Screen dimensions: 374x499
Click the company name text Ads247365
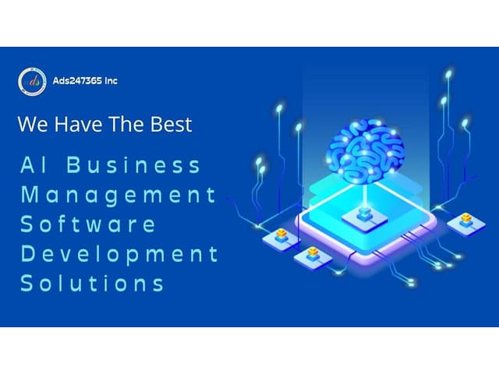pyautogui.click(x=77, y=80)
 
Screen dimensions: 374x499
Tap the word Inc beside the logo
pyautogui.click(x=110, y=80)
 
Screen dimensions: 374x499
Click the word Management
pyautogui.click(x=118, y=195)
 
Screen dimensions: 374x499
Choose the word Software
pyautogui.click(x=88, y=224)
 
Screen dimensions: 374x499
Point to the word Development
pyautogui.click(x=119, y=253)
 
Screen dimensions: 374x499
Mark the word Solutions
pyautogui.click(x=92, y=282)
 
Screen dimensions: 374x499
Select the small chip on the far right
pyautogui.click(x=466, y=221)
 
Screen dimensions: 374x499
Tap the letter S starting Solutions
pyautogui.click(x=27, y=282)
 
